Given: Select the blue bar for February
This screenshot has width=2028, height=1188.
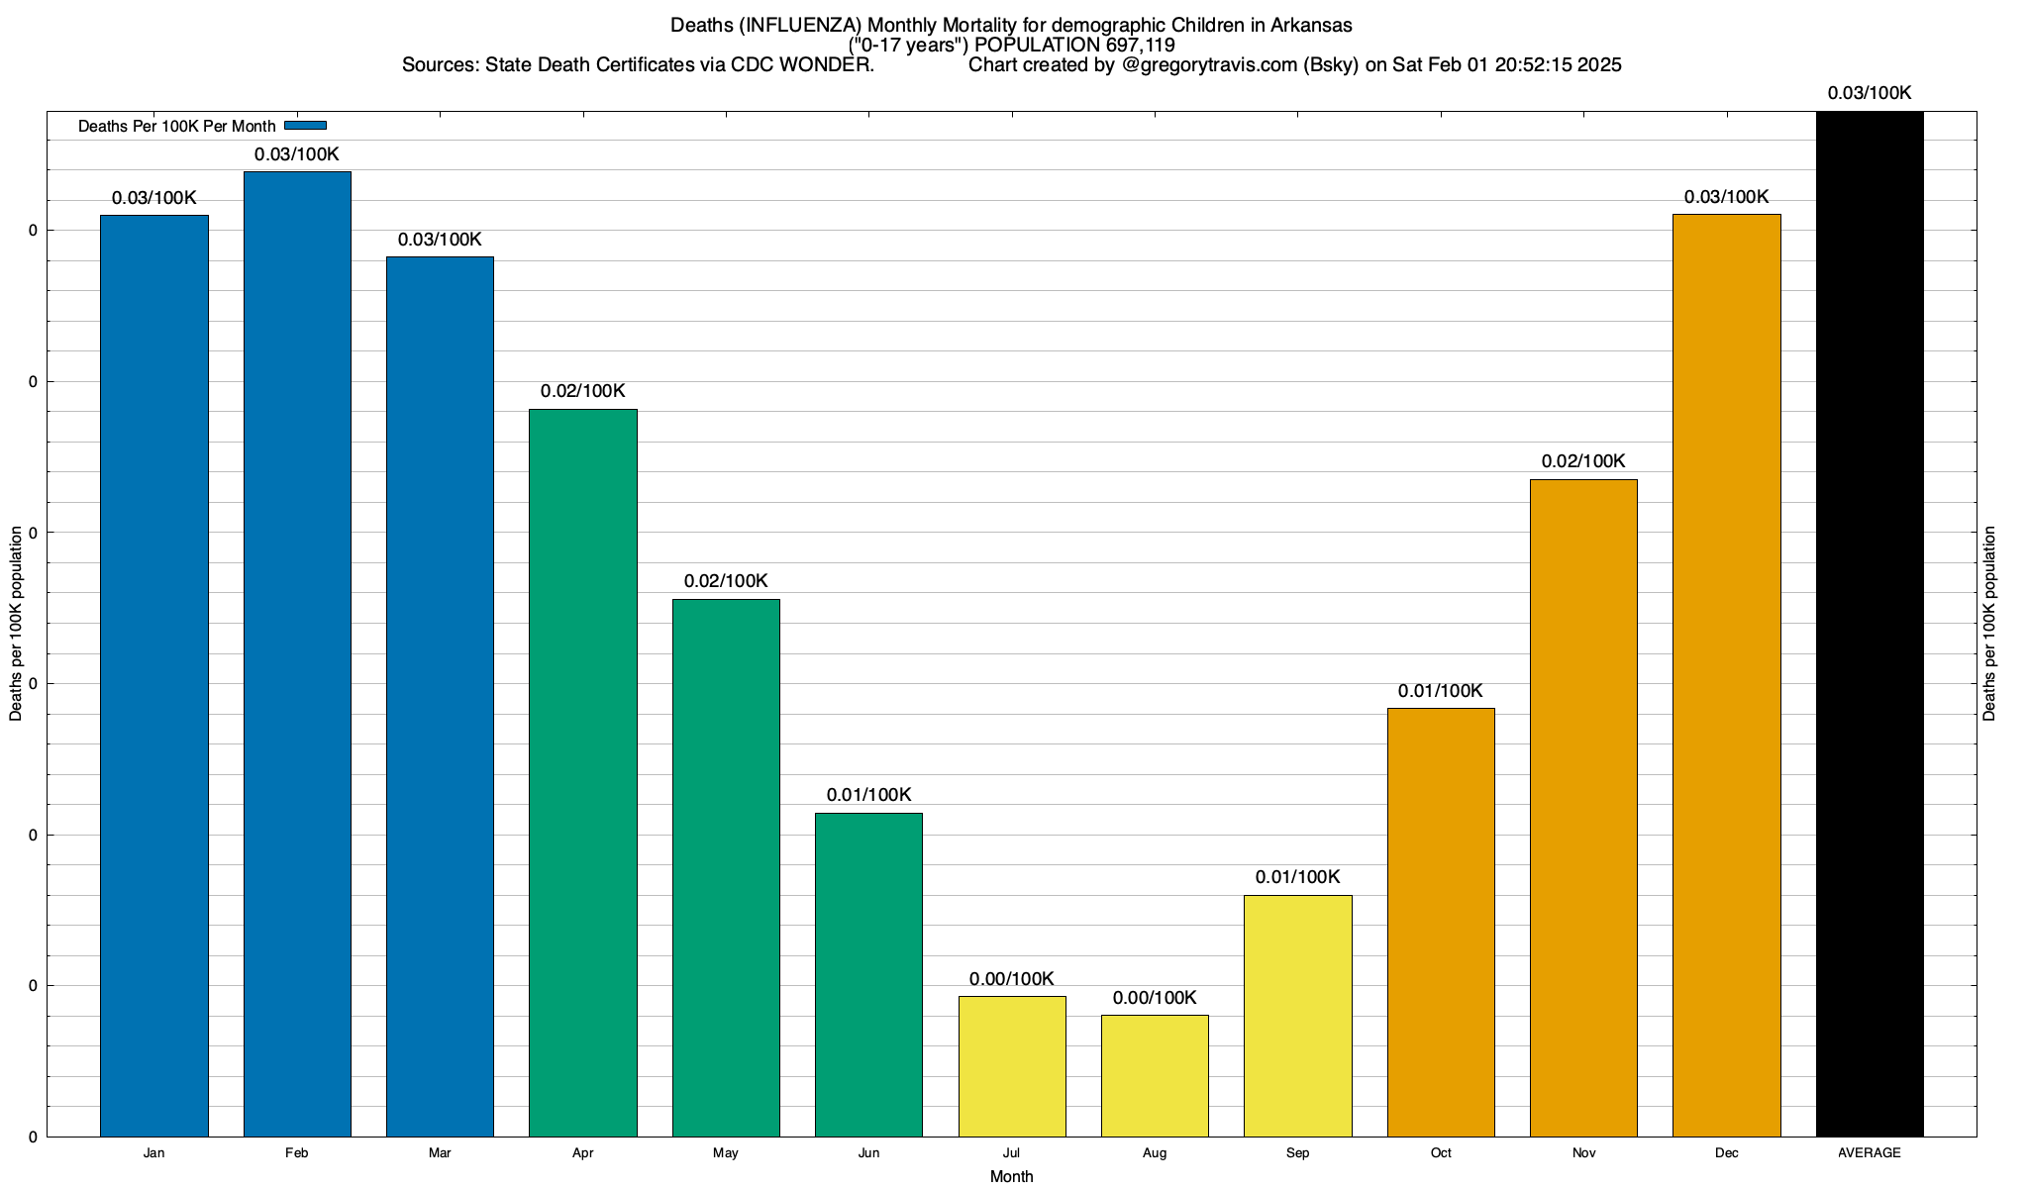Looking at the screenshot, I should pos(297,653).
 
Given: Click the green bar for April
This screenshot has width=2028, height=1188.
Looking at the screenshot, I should pos(583,772).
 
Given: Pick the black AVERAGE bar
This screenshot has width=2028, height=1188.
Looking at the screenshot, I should pos(1870,624).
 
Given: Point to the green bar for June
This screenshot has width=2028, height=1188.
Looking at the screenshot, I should pos(868,974).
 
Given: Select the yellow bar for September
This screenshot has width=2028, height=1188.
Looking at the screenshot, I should pos(1297,1016).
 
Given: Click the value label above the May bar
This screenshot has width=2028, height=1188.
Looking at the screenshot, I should pos(726,581).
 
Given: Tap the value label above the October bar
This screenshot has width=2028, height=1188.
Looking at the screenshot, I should pos(1441,691).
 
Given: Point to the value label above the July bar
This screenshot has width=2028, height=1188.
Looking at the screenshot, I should pos(1011,979).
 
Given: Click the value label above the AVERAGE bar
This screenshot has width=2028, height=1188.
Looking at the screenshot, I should pos(1870,93).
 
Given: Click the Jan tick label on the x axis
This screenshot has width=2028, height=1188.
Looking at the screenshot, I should pos(153,1152).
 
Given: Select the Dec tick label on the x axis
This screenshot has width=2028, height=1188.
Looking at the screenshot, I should pos(1726,1152).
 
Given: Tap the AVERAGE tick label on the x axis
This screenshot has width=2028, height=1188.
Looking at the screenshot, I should pos(1870,1152).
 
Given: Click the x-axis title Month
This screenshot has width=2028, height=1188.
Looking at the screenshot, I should pos(1011,1176).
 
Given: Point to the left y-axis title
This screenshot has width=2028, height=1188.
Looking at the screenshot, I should pos(16,624).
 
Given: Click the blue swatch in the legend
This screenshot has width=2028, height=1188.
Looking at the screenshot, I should pos(305,126).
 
